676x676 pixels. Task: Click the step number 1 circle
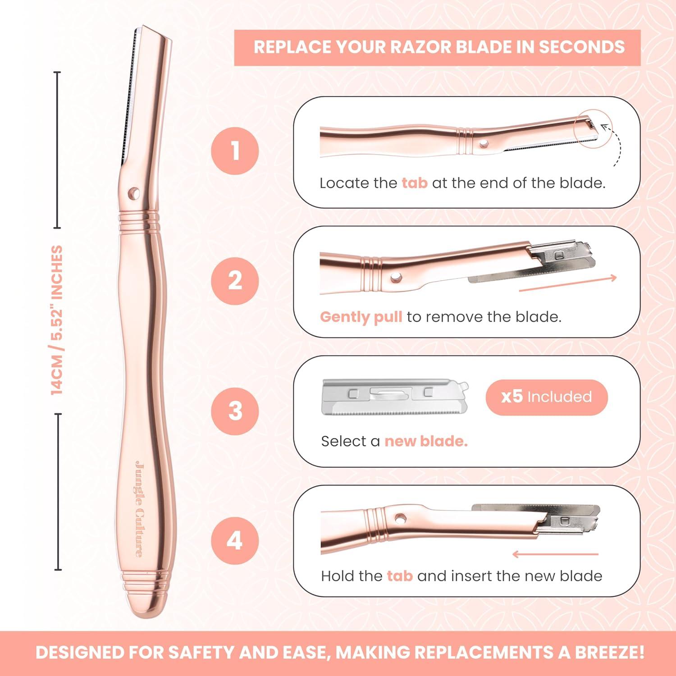(235, 151)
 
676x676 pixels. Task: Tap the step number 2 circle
(235, 281)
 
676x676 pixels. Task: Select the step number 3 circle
(235, 411)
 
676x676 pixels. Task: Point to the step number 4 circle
(235, 540)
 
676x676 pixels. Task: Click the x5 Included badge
(546, 397)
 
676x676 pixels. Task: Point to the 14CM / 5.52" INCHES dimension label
(57, 320)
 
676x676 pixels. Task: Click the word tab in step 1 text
(414, 183)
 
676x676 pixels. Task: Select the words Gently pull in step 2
(361, 317)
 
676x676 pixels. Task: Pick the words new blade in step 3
(425, 441)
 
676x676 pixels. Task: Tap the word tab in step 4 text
(399, 576)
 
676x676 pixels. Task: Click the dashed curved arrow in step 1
(614, 144)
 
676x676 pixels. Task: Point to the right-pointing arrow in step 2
(568, 284)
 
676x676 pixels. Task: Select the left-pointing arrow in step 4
(555, 554)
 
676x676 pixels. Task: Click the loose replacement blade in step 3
(394, 397)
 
